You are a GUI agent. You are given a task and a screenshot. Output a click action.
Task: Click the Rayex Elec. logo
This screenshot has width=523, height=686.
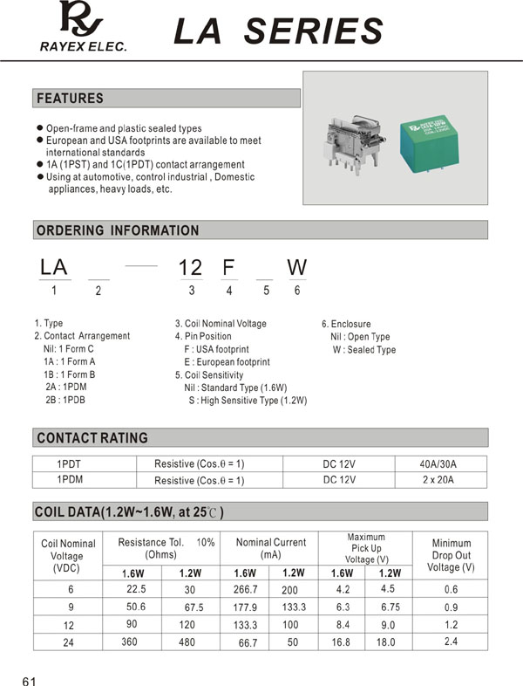82,26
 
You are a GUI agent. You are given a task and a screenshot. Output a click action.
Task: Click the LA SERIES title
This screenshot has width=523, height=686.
278,31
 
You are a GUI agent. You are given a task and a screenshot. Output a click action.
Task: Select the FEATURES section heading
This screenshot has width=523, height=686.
70,99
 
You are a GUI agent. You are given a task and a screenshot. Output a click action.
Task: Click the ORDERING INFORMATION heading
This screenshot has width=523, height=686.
118,230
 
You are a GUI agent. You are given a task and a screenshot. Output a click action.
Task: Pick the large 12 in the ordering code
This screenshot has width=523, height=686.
190,267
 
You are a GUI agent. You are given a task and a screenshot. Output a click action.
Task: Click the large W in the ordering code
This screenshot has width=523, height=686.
296,267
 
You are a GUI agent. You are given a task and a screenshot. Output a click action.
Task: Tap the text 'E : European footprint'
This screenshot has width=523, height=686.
227,361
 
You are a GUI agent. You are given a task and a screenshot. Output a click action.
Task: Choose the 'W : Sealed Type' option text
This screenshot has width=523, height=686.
363,350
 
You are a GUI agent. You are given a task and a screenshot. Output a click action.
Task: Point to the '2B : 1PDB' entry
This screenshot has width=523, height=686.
65,400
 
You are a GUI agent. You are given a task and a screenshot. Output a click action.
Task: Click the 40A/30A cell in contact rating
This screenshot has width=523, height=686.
438,464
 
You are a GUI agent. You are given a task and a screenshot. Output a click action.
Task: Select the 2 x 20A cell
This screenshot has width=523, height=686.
438,480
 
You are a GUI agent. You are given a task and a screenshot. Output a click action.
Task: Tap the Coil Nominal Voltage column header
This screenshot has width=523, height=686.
68,556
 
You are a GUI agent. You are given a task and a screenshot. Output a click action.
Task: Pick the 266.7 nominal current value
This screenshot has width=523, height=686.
247,589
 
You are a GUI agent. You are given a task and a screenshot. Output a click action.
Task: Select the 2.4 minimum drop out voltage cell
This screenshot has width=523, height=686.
451,641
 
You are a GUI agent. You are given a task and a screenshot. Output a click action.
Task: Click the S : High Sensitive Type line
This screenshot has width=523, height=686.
248,401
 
